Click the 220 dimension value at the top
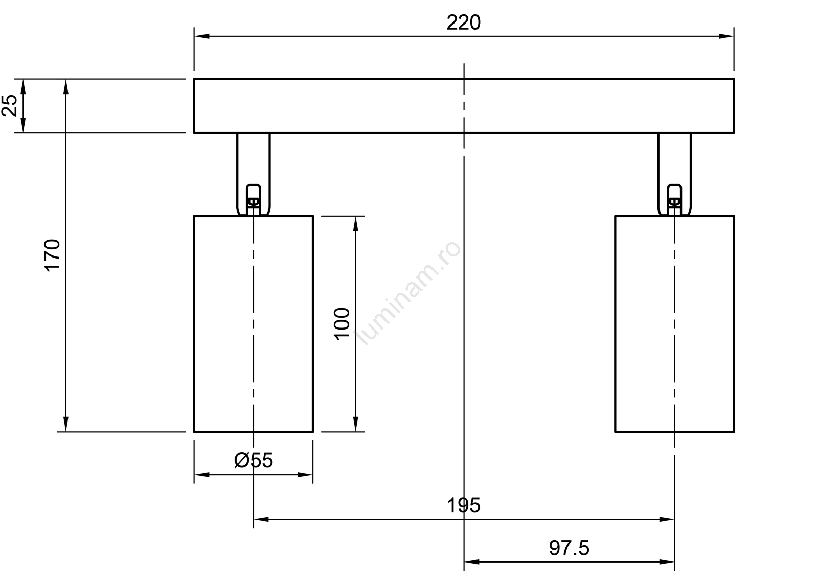(463, 22)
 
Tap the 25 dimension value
(10, 106)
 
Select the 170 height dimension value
(52, 255)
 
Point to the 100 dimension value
(342, 324)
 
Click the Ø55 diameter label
(254, 460)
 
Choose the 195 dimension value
(463, 506)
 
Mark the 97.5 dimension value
(569, 548)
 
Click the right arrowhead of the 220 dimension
(726, 36)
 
